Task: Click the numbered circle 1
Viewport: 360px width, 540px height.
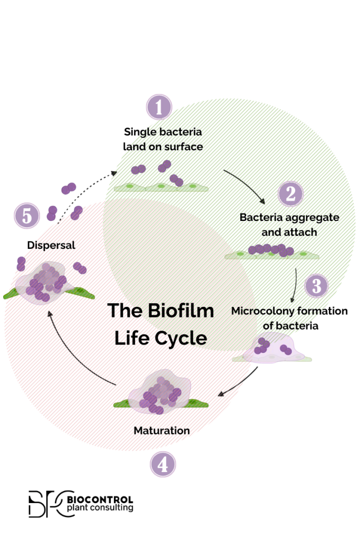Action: click(159, 108)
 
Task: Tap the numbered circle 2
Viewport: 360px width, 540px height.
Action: click(290, 194)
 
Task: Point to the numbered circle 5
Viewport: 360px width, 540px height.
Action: click(27, 216)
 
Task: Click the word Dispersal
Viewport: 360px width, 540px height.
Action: click(51, 245)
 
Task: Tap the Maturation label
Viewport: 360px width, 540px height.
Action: click(162, 430)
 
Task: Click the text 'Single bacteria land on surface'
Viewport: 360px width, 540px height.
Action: click(163, 139)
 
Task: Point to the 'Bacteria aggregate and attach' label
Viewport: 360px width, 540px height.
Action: click(289, 224)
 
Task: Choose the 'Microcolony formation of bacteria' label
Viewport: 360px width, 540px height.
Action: click(289, 318)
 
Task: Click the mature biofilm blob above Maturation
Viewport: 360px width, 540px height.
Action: click(160, 391)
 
